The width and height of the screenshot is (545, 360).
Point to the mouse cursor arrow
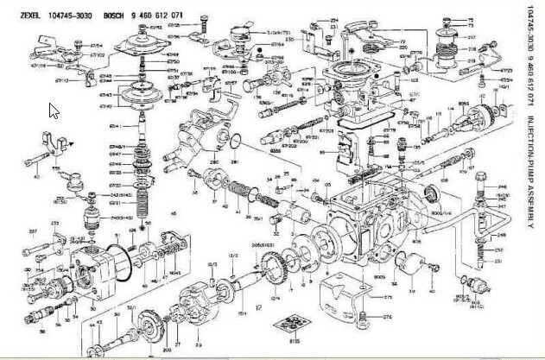pos(54,111)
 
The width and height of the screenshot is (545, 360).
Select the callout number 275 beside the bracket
pos(387,296)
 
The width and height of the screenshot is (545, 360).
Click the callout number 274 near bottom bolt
pos(388,317)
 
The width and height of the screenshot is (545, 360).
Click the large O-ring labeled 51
pos(123,264)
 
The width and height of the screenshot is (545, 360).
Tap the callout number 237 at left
pos(33,231)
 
